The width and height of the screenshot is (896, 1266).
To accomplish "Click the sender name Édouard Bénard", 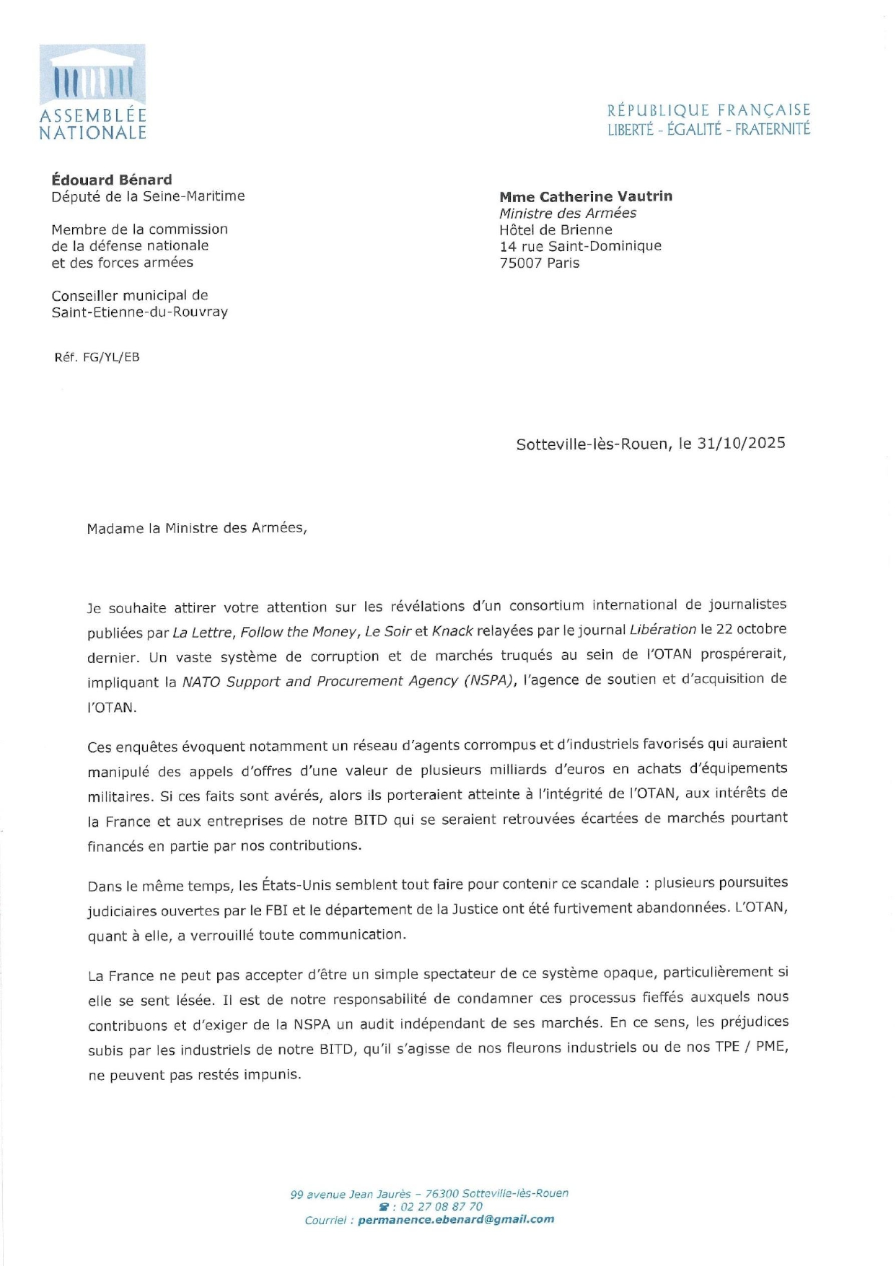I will tap(112, 180).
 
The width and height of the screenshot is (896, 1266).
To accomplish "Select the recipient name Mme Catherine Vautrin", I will tap(585, 196).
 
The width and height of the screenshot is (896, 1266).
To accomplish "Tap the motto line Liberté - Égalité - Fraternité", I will tap(708, 129).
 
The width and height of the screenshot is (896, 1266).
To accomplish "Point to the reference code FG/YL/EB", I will tap(111, 357).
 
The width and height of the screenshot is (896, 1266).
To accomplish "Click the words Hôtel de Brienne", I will tap(555, 230).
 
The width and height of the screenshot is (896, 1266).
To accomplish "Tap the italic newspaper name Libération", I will tap(662, 630).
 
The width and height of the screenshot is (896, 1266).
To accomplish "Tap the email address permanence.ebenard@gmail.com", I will tap(456, 1220).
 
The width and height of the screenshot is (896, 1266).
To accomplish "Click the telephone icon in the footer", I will tap(384, 1207).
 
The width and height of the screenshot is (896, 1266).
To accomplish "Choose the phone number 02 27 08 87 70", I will tap(442, 1207).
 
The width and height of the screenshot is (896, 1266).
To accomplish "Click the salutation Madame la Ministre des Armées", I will tap(196, 528).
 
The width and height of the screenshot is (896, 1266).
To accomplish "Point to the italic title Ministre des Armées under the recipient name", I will tap(568, 214).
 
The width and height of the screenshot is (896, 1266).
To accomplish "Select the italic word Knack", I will tap(452, 631).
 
